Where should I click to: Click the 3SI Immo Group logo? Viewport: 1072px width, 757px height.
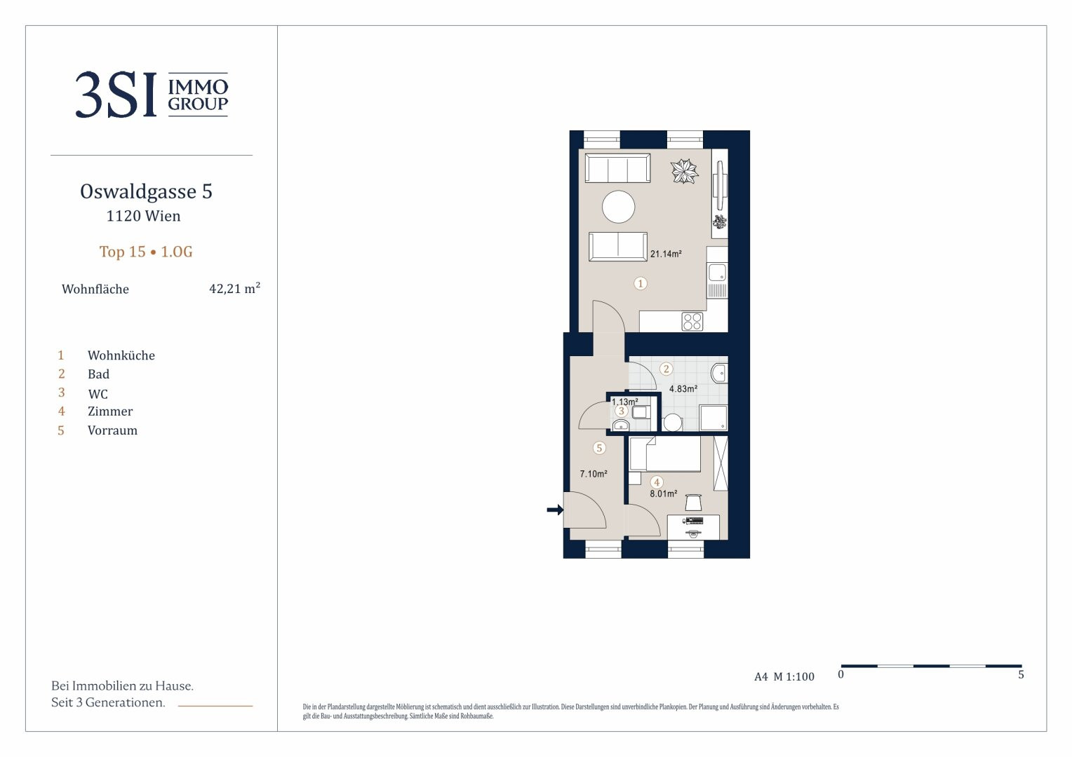click(152, 95)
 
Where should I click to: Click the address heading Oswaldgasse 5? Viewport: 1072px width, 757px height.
click(146, 191)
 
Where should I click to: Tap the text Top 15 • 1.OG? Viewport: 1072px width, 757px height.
click(146, 252)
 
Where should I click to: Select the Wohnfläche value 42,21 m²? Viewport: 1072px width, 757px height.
click(234, 288)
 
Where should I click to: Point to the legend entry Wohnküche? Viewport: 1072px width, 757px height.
click(121, 355)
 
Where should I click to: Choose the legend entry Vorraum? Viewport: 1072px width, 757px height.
click(112, 430)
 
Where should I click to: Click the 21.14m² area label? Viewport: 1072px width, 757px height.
click(666, 254)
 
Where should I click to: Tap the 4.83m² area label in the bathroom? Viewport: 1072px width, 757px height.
click(683, 389)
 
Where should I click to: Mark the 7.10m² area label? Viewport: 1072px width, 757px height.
click(594, 474)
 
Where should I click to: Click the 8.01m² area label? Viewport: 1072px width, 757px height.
click(663, 493)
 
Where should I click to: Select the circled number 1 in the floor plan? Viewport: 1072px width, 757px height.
click(641, 284)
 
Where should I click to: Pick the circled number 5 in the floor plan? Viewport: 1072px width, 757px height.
click(599, 448)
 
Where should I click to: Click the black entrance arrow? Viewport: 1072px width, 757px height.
click(555, 510)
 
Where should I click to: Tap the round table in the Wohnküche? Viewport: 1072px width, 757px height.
click(618, 207)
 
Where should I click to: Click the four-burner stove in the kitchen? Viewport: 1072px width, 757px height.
click(692, 321)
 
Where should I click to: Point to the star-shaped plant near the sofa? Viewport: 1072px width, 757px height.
click(684, 171)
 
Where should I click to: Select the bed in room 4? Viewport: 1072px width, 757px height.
click(664, 453)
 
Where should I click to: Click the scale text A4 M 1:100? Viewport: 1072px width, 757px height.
click(784, 676)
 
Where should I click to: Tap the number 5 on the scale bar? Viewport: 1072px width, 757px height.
click(1021, 675)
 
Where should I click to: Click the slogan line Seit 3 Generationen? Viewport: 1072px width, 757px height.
click(108, 702)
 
